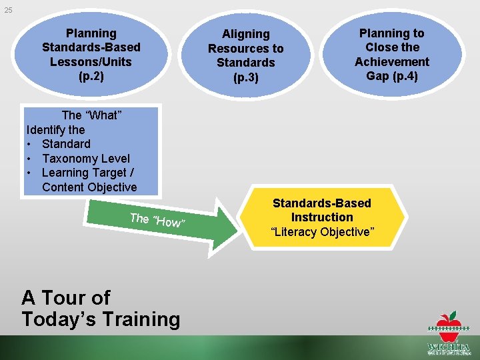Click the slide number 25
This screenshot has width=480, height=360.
(x=7, y=10)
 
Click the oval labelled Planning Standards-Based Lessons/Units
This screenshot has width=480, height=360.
(x=91, y=55)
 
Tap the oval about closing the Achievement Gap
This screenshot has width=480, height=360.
(x=391, y=55)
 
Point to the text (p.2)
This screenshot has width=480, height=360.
(x=91, y=76)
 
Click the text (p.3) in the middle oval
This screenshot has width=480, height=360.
(x=245, y=77)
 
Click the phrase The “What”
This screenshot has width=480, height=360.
(x=91, y=115)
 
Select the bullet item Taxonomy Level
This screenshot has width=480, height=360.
(x=85, y=159)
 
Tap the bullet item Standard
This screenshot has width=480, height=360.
(x=66, y=144)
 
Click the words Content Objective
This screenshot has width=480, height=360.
(x=89, y=187)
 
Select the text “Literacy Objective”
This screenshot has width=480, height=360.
(x=321, y=232)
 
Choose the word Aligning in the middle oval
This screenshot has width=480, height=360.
(x=245, y=34)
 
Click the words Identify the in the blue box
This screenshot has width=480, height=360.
(x=55, y=129)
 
